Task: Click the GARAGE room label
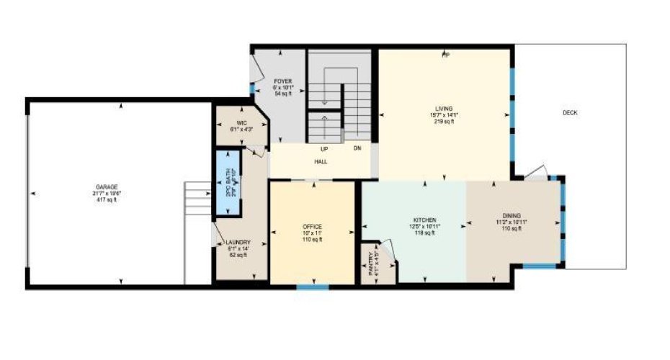tap(104, 186)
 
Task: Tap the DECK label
tap(570, 112)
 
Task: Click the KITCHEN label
tap(425, 220)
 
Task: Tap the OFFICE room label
tap(312, 227)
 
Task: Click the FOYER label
tap(282, 81)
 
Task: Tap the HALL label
tap(321, 162)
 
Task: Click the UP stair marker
tap(325, 149)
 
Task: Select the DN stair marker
tap(357, 149)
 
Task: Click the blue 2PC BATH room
tap(229, 183)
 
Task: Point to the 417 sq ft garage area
tap(104, 199)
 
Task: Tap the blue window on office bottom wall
tap(313, 287)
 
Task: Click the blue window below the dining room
tap(539, 267)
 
